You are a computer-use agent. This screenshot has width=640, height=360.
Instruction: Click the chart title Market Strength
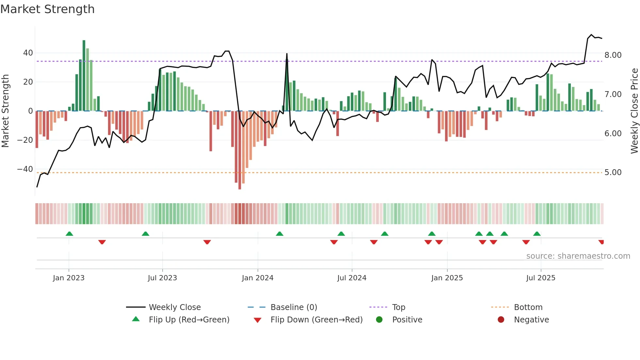pos(47,9)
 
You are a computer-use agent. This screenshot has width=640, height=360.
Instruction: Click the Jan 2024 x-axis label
pos(257,278)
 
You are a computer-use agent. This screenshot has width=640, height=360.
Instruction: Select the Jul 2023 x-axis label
pos(162,278)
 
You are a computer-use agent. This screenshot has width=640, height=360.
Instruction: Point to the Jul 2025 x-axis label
pos(540,278)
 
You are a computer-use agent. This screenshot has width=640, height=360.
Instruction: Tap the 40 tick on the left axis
pos(28,53)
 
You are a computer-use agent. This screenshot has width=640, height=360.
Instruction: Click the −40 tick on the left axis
pos(25,169)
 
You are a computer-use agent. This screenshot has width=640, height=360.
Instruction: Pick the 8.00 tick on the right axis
pos(613,55)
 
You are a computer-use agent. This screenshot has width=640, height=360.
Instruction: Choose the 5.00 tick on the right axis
pos(613,172)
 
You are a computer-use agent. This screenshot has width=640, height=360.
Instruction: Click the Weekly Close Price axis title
pos(634,111)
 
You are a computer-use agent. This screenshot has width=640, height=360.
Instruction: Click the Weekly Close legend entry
pos(174,307)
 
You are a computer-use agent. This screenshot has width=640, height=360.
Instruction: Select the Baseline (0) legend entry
pos(294,307)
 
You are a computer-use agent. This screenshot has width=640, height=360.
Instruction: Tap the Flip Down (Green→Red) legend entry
pos(316,320)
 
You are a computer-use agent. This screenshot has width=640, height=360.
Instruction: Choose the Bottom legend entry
pos(528,307)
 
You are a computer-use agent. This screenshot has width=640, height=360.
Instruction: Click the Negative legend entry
pos(531,320)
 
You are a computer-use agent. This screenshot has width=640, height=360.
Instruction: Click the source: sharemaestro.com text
pos(578,256)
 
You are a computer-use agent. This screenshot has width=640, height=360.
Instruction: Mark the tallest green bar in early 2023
pos(84,75)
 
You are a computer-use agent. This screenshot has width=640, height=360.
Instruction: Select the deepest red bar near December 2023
pos(240,150)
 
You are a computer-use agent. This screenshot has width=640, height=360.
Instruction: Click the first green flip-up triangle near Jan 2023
pos(69,234)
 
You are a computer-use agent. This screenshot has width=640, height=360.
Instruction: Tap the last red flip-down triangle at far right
pos(601,242)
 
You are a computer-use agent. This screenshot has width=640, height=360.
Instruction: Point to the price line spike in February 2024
pos(287,54)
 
